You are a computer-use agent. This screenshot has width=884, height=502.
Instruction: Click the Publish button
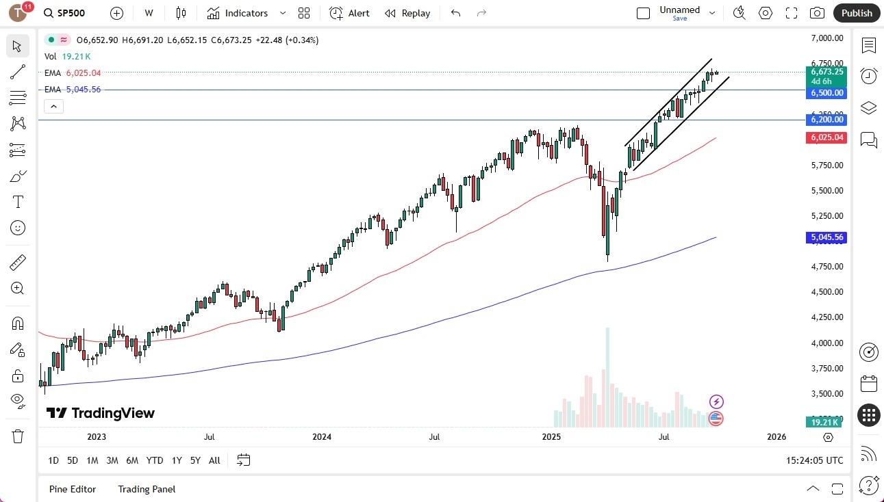tap(857, 13)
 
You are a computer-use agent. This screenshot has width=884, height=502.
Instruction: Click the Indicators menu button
tap(238, 13)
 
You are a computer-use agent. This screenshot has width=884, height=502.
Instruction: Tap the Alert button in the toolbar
tap(349, 13)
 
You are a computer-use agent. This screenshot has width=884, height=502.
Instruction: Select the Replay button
tap(407, 13)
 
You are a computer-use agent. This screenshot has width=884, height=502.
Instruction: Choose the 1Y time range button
tap(177, 460)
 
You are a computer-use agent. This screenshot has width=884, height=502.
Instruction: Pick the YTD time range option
tap(155, 460)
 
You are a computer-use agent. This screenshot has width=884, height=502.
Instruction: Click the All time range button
tap(214, 460)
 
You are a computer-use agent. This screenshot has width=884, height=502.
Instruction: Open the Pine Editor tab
tap(73, 489)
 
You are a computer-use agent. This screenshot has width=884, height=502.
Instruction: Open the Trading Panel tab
tap(147, 489)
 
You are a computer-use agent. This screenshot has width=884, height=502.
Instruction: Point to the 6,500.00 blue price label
tap(827, 92)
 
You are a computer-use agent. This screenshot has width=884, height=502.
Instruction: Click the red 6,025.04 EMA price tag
tap(827, 137)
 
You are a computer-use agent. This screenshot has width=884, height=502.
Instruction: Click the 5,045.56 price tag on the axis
tap(827, 237)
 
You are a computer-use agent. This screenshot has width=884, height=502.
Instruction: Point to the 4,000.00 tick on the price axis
tap(827, 343)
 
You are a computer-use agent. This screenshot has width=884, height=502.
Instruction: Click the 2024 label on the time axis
tap(322, 436)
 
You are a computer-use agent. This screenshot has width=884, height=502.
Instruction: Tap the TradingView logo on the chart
tap(101, 413)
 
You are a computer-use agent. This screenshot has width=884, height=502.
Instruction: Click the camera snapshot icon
tap(817, 13)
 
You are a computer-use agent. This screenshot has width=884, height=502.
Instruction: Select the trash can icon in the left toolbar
tap(18, 436)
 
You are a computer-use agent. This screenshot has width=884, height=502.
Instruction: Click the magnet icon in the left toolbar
tap(18, 323)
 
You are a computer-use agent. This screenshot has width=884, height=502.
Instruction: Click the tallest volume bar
tap(607, 376)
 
